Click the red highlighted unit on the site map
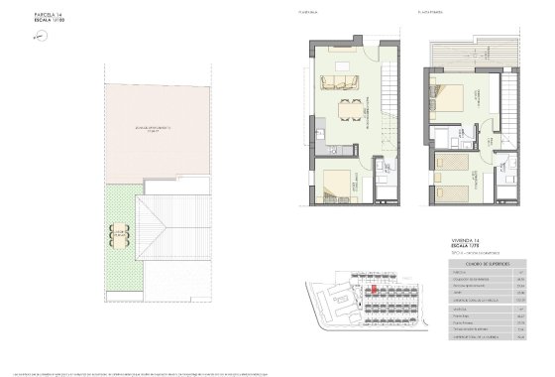tap(374, 290)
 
